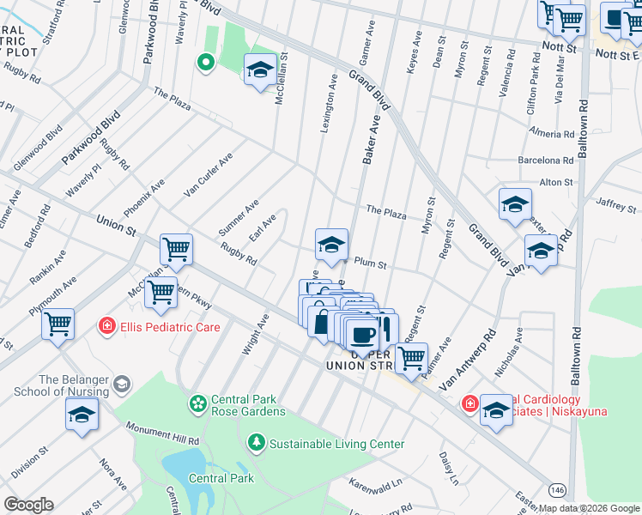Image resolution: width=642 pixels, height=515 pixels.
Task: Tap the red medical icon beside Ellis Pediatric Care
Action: point(107,327)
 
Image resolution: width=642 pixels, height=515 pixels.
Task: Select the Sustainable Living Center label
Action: point(336,444)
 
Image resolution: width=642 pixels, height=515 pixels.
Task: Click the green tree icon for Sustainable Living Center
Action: point(256,443)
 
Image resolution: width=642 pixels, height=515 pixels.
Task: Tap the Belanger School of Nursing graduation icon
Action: point(123,382)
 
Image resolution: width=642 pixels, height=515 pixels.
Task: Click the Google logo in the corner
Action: point(28,505)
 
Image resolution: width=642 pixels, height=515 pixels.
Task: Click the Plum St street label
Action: point(371,265)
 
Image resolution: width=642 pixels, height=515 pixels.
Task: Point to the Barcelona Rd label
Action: point(545,160)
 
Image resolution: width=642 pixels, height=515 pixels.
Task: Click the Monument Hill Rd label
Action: point(162,433)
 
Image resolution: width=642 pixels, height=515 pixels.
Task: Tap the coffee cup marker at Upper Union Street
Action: point(362,334)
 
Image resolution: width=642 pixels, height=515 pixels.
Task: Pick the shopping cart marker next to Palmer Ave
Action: point(412,356)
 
